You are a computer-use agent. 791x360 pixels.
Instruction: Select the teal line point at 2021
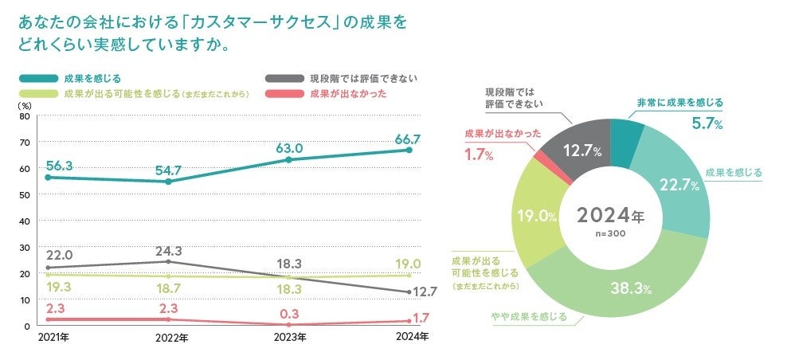(x=48, y=178)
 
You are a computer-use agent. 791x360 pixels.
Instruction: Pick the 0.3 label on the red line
(x=288, y=312)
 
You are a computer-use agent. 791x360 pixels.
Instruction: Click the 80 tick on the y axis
(x=25, y=116)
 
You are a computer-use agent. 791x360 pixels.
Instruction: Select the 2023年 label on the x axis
(x=289, y=338)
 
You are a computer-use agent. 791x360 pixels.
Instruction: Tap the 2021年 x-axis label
(x=53, y=338)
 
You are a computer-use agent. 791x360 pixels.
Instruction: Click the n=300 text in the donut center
(x=609, y=234)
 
